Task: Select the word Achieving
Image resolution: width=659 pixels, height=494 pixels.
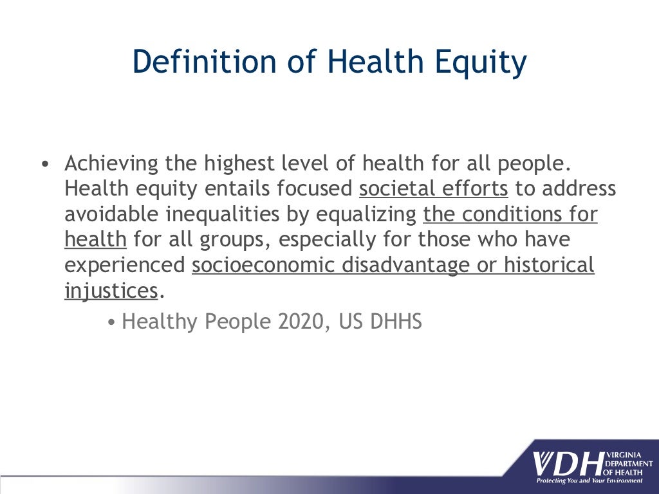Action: click(111, 163)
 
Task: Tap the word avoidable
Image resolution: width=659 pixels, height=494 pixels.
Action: click(105, 214)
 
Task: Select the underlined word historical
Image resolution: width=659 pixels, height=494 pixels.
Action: click(549, 264)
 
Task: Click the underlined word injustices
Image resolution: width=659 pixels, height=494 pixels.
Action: click(111, 291)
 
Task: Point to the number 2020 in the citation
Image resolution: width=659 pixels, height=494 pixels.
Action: click(299, 321)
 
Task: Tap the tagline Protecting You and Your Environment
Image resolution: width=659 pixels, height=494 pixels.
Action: click(589, 480)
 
